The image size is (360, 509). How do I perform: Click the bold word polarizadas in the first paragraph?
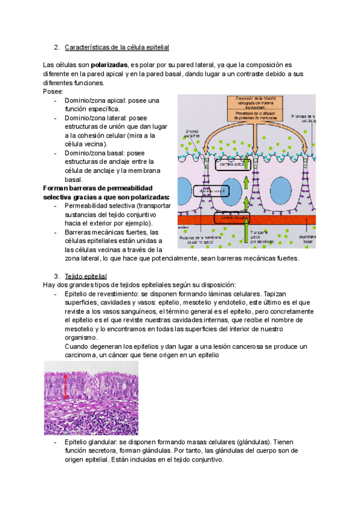point(109,65)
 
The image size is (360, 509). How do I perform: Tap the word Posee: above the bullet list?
point(53,91)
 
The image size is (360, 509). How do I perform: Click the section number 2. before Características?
point(56,47)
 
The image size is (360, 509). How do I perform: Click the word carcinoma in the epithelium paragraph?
point(77,355)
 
